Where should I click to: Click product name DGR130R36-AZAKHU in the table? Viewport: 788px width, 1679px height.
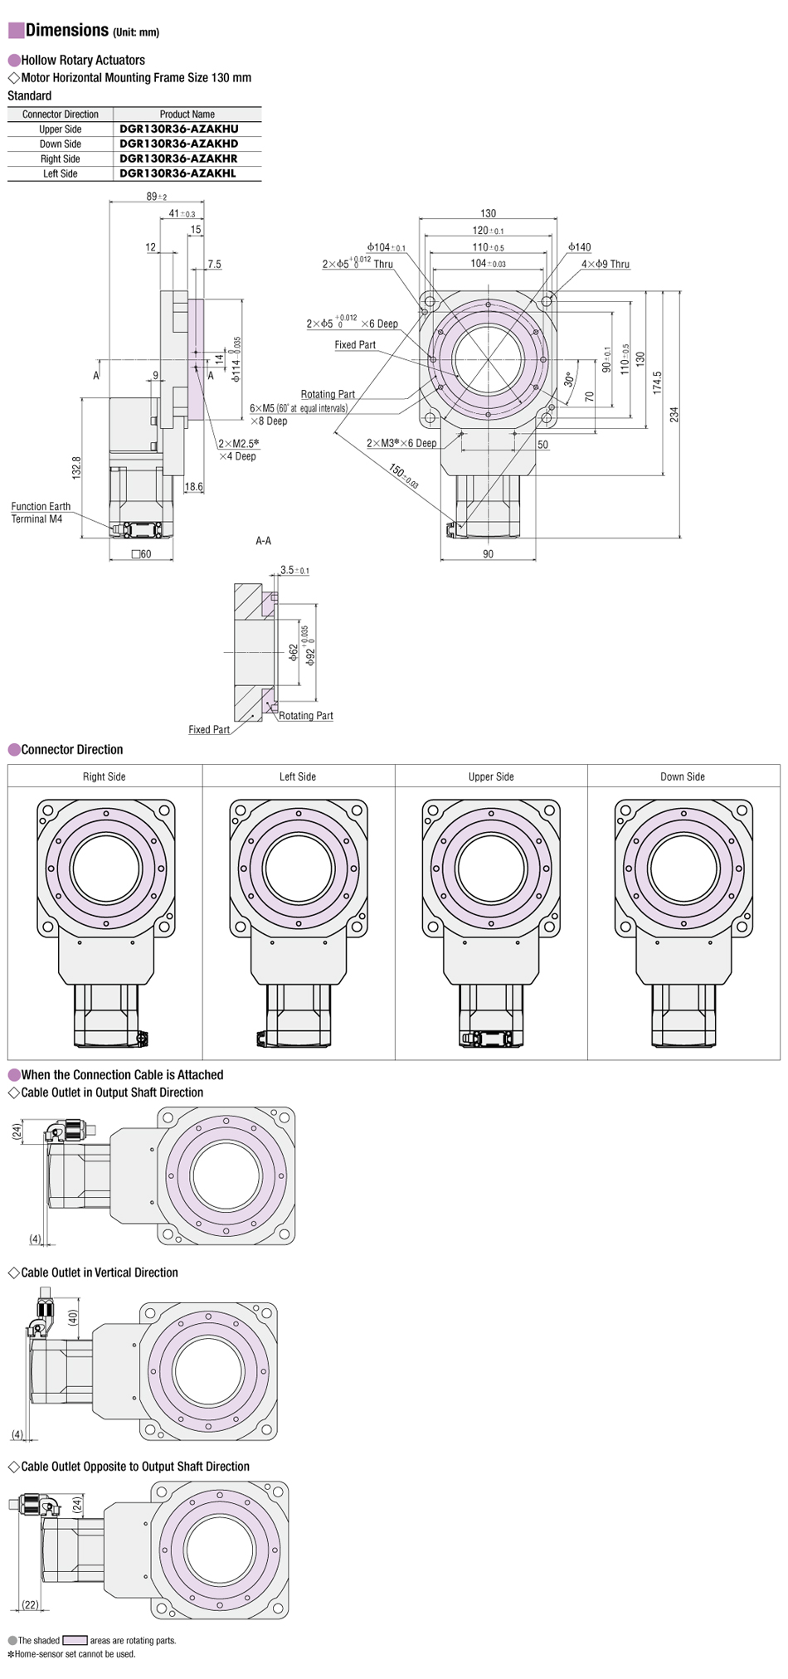coord(178,129)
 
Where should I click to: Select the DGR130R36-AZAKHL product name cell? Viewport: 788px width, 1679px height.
coord(178,173)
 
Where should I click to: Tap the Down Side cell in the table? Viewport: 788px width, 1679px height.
coord(61,144)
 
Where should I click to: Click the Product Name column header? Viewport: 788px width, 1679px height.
coord(187,114)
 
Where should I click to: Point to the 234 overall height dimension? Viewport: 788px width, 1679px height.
coord(674,414)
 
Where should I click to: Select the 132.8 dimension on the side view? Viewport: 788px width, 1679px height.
coord(76,468)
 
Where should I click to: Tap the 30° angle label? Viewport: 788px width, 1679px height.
coord(569,378)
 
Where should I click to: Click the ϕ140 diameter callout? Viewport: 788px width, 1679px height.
coord(580,247)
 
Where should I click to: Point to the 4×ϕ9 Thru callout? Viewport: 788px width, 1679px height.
coord(606,264)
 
